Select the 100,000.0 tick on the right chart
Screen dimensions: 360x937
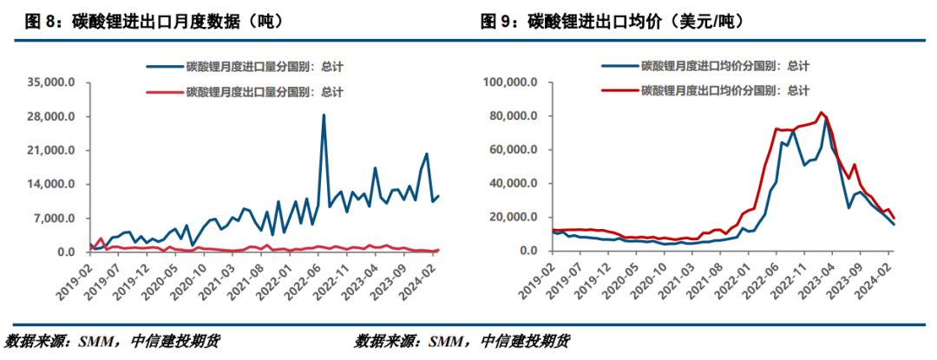[512, 82]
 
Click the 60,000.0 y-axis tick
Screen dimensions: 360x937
[515, 150]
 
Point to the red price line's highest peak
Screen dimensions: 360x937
[820, 112]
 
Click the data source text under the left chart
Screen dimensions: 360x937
[113, 341]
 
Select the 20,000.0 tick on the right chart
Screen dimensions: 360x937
[515, 218]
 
